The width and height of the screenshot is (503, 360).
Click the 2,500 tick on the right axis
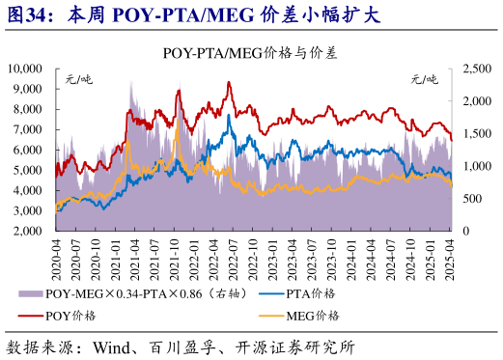[475, 69]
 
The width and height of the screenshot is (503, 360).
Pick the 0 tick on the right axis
[466, 232]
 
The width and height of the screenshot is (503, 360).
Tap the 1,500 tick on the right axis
[475, 134]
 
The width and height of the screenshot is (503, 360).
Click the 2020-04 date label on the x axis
[57, 258]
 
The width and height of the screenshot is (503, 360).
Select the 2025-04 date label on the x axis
[449, 258]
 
